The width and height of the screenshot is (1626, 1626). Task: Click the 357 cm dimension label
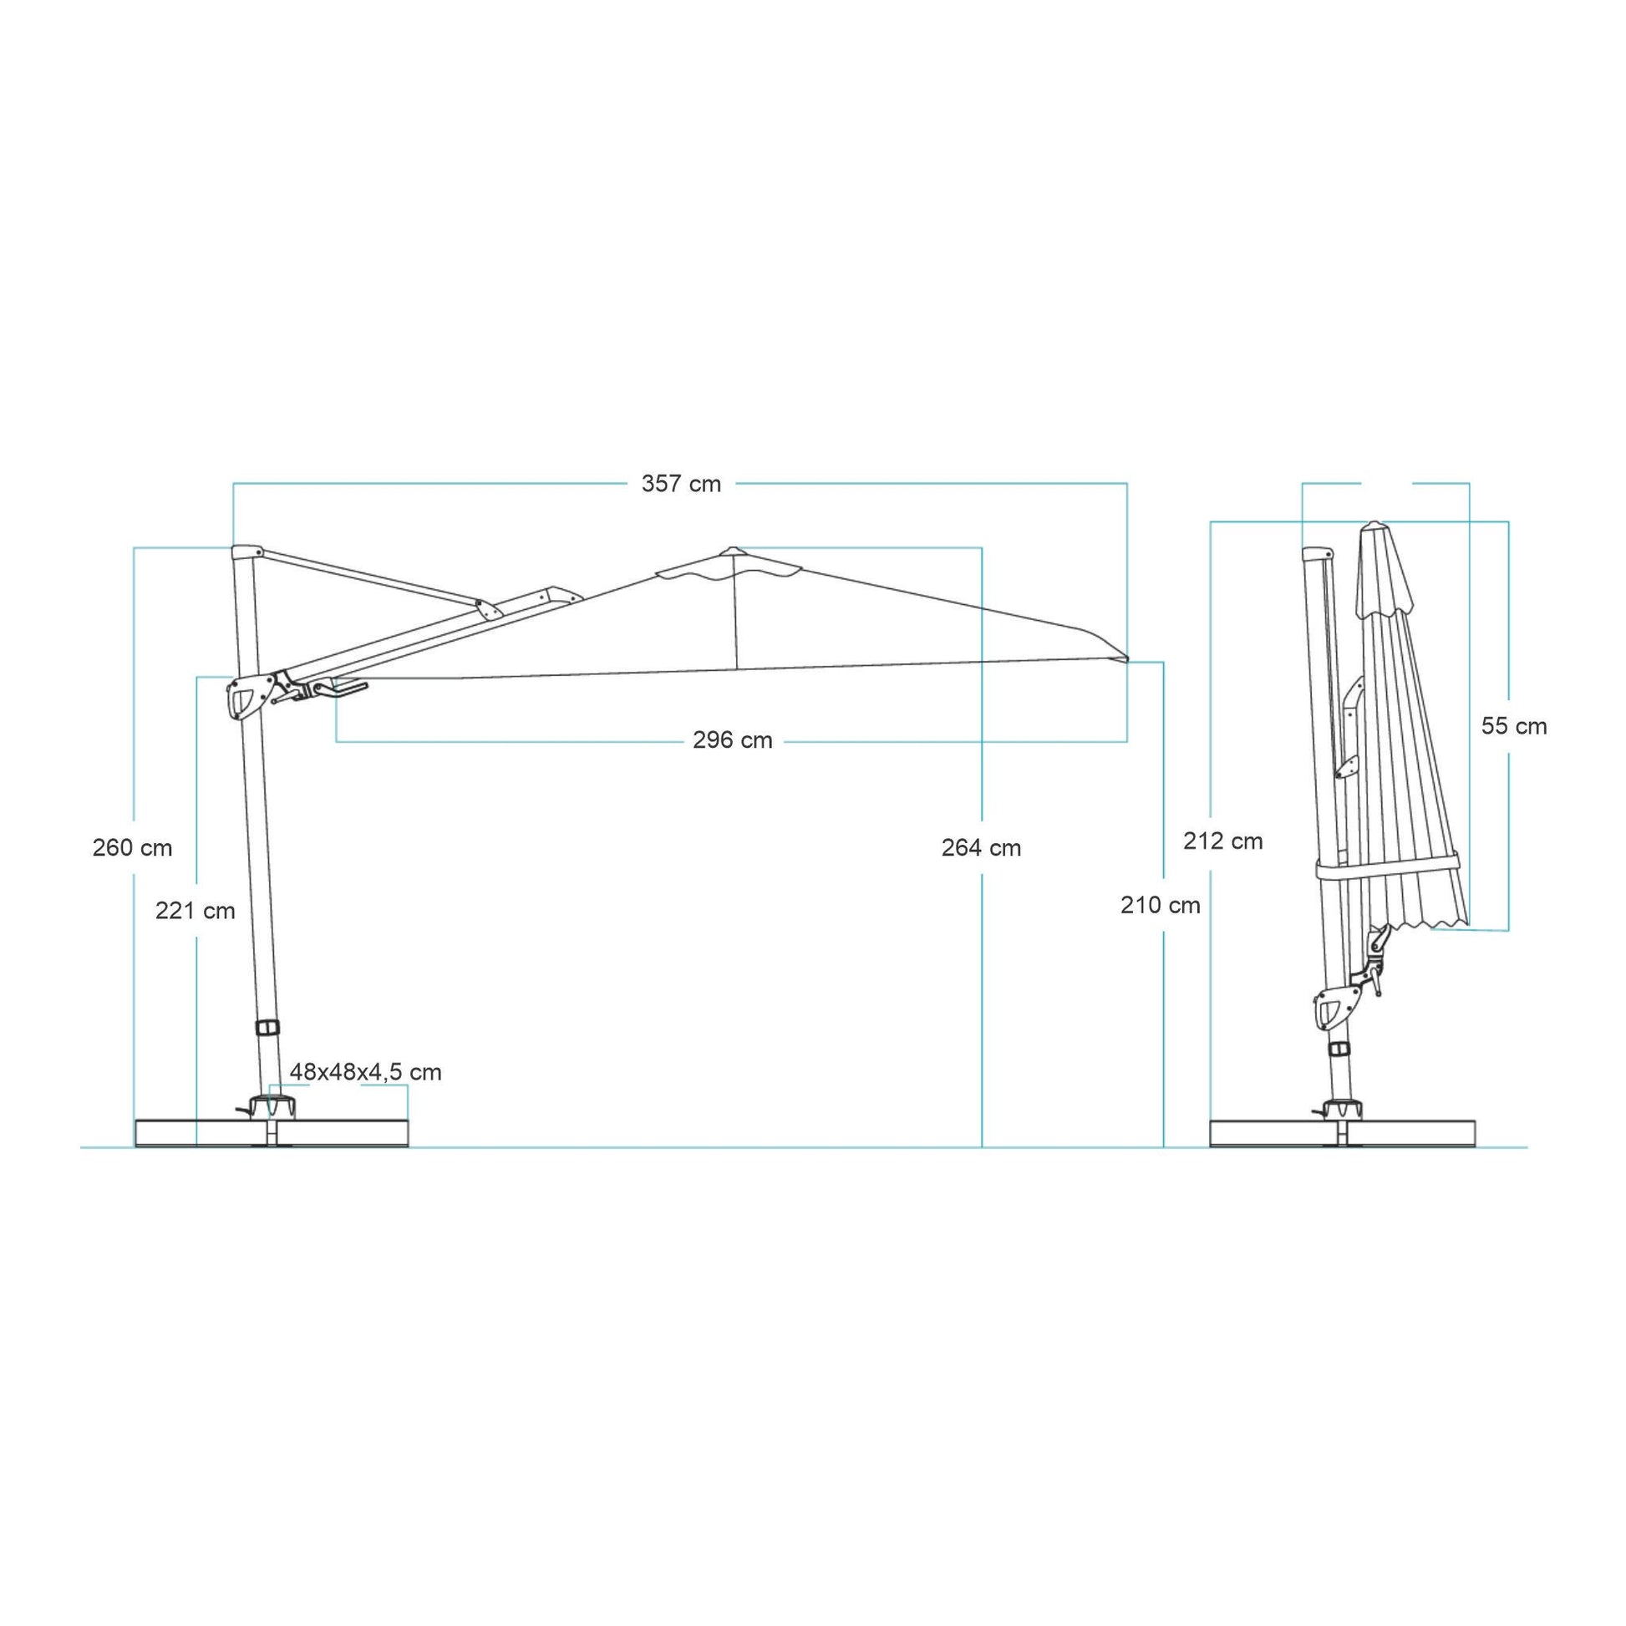[681, 484]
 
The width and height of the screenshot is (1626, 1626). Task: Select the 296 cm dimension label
[732, 740]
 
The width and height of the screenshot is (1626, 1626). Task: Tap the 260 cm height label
[132, 847]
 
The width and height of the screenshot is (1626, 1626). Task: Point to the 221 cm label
[196, 911]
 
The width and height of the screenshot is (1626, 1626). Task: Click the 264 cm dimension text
[981, 847]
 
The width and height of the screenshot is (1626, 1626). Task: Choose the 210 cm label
[1160, 906]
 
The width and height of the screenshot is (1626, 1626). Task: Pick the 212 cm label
[1223, 841]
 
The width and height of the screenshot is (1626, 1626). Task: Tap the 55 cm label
[1514, 726]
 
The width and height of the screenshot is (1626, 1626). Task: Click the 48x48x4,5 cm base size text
[365, 1072]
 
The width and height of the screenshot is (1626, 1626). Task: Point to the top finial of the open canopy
[731, 549]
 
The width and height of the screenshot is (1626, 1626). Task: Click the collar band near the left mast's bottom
[268, 1028]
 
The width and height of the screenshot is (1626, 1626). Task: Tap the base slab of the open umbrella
[271, 1132]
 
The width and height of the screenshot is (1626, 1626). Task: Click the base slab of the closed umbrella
[1344, 1132]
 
